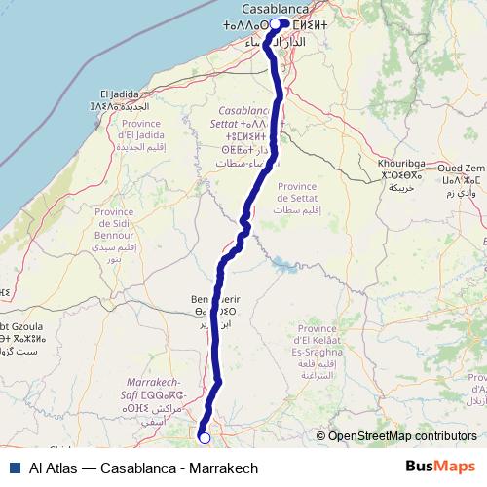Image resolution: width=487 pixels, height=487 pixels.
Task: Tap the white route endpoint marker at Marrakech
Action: click(205, 438)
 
